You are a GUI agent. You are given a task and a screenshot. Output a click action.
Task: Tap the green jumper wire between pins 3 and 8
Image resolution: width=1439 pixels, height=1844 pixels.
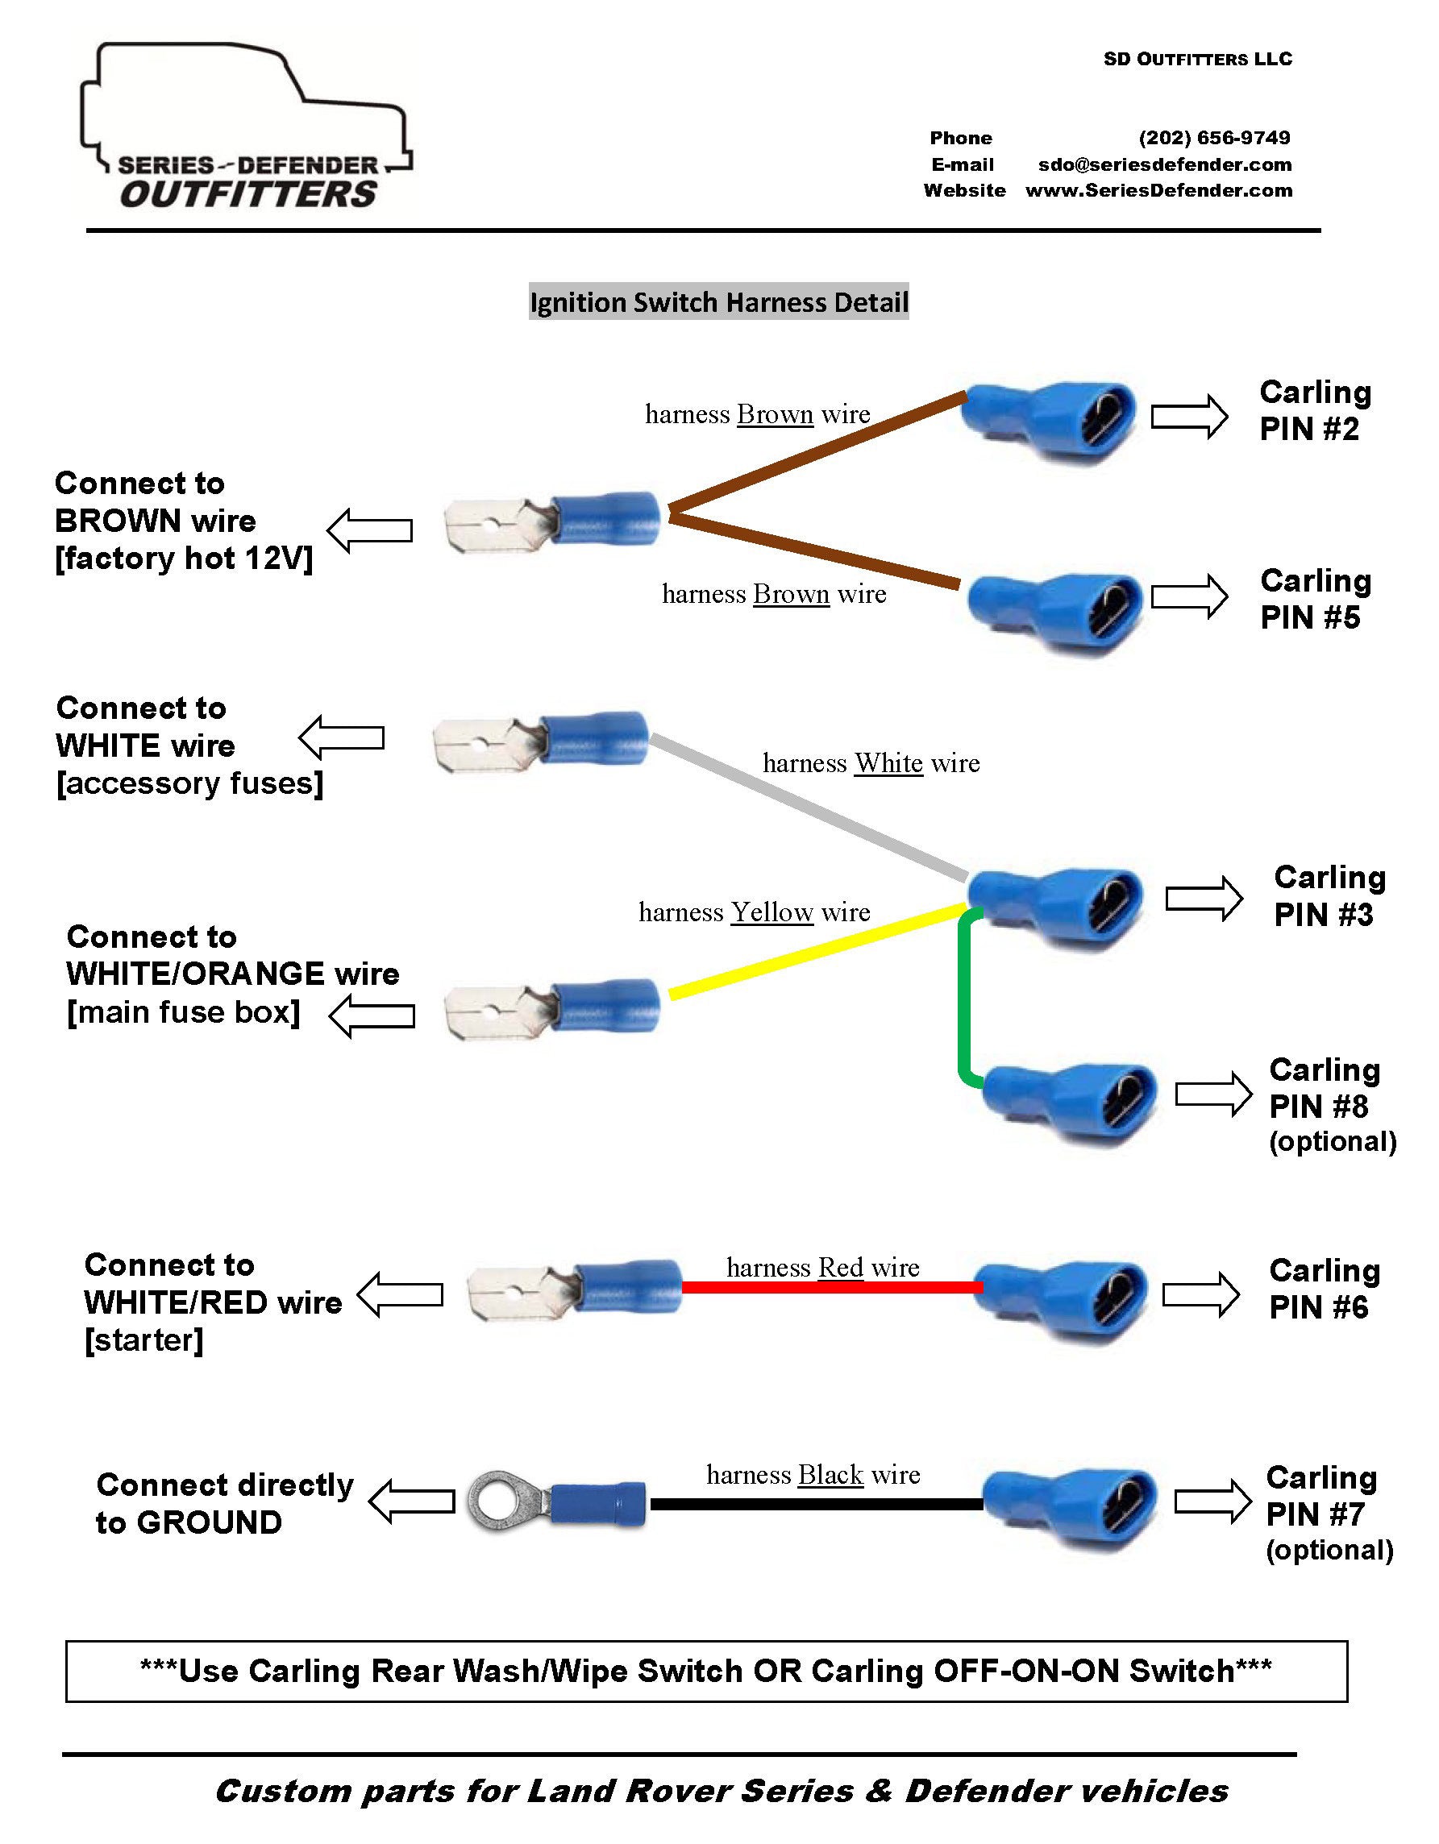pyautogui.click(x=964, y=1000)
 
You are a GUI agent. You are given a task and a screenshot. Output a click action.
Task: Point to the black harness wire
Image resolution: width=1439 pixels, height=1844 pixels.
pyautogui.click(x=816, y=1504)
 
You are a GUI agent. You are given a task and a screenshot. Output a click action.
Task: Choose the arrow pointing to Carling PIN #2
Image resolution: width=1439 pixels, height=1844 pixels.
pyautogui.click(x=1188, y=416)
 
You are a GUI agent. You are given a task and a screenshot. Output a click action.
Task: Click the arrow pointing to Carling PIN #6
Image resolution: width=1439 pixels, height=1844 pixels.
pyautogui.click(x=1200, y=1294)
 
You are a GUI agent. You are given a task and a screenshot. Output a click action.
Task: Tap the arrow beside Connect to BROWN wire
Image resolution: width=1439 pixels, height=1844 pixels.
pyautogui.click(x=370, y=530)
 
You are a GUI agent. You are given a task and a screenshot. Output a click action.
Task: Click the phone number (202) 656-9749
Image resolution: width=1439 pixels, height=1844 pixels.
pyautogui.click(x=1213, y=138)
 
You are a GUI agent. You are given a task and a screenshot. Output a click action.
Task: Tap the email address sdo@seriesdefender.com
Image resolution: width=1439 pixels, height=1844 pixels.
pyautogui.click(x=1165, y=164)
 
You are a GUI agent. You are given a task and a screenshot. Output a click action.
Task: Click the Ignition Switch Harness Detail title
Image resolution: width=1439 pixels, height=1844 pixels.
pyautogui.click(x=718, y=302)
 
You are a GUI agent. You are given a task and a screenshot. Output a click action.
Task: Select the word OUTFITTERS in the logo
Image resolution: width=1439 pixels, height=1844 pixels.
pyautogui.click(x=248, y=195)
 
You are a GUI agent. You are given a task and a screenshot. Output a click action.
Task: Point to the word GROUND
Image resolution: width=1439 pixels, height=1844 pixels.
pyautogui.click(x=209, y=1522)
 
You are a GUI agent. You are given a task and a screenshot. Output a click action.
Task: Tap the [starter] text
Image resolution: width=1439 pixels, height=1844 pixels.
pyautogui.click(x=143, y=1340)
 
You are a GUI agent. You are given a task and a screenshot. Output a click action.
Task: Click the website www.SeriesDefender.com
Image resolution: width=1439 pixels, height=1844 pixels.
pyautogui.click(x=1158, y=191)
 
